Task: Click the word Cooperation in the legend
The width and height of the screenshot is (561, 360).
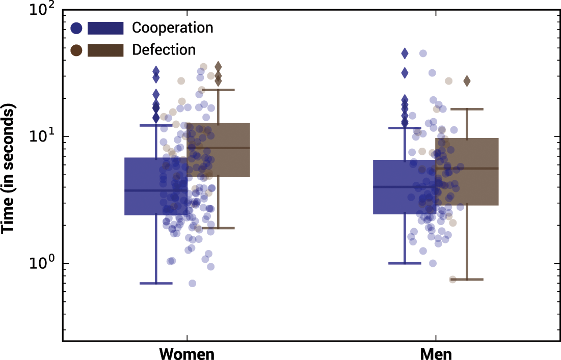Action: [172, 27]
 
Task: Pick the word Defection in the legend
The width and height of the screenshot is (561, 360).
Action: [164, 50]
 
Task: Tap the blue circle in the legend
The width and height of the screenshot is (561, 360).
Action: [77, 28]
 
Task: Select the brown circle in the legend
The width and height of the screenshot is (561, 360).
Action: [77, 50]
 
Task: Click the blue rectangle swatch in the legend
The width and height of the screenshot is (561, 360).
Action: [105, 28]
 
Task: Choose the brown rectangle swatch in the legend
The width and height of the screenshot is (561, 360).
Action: [105, 50]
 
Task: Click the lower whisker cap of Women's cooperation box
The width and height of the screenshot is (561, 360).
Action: [156, 283]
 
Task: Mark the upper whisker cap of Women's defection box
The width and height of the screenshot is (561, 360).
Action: [218, 90]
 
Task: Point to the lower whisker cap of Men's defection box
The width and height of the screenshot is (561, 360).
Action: [467, 280]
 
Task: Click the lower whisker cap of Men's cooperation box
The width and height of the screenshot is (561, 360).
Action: [405, 263]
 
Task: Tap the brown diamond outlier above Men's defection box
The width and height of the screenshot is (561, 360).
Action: [467, 81]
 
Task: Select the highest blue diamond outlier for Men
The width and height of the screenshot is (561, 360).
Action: [405, 53]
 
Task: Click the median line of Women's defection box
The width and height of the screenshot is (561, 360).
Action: [218, 148]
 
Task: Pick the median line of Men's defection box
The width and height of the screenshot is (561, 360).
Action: [467, 169]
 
